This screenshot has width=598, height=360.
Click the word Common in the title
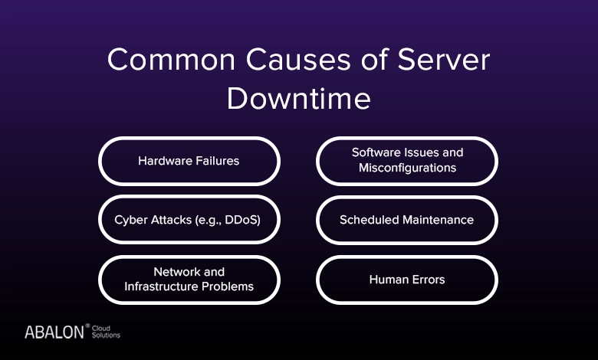click(171, 60)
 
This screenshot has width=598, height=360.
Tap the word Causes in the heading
click(298, 60)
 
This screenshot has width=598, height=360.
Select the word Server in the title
click(444, 60)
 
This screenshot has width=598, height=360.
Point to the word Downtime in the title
click(299, 98)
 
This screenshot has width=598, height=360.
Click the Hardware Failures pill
click(189, 161)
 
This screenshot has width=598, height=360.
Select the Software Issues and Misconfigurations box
click(407, 161)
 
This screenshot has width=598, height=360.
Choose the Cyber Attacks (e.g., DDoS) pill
click(189, 220)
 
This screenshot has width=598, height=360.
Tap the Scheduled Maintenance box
click(407, 220)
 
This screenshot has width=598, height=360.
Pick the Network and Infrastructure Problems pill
click(189, 280)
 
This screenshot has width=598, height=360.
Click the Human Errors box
click(407, 280)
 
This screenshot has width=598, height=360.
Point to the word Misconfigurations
click(407, 168)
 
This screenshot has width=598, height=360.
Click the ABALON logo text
click(54, 332)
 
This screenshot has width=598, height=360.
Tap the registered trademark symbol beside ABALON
click(87, 326)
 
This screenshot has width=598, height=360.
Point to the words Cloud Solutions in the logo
click(106, 332)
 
